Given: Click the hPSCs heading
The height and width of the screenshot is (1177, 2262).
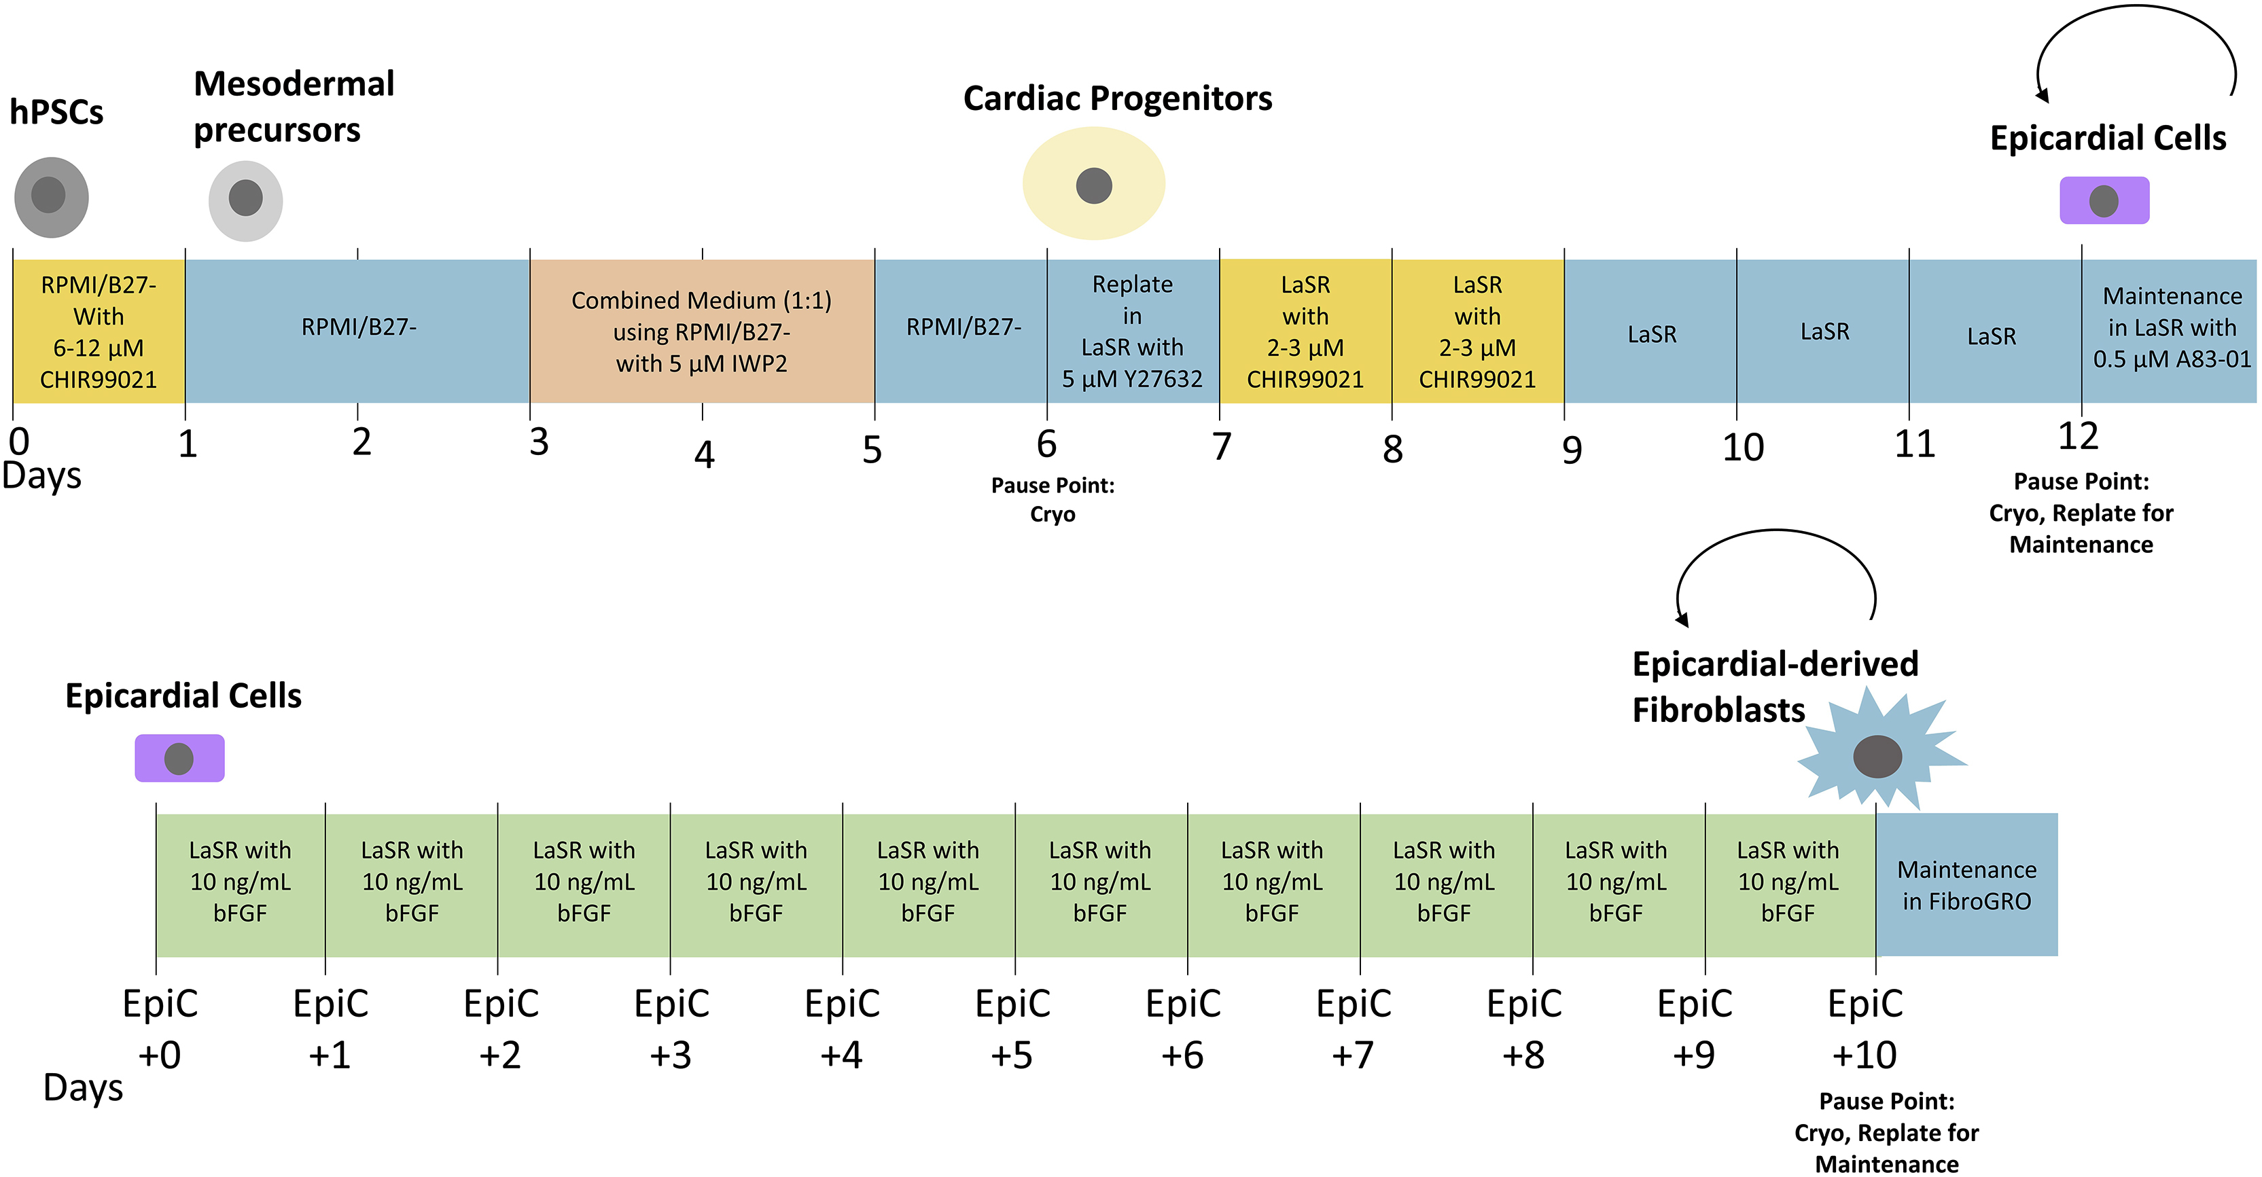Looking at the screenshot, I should pos(56,112).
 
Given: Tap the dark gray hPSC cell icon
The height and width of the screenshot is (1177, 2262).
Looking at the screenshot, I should pos(51,196).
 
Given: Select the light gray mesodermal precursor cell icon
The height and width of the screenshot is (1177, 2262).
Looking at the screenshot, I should pos(245,200).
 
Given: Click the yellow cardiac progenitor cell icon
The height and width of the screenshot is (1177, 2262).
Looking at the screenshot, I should pos(1093,183).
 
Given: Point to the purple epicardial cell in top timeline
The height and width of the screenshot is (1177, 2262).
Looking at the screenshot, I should pos(2104,200).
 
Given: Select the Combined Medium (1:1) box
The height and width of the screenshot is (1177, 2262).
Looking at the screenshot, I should pos(702,331).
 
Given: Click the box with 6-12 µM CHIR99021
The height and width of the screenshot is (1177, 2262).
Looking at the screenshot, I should pos(99,331).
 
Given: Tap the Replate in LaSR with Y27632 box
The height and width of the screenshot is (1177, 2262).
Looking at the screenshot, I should pos(1132,331).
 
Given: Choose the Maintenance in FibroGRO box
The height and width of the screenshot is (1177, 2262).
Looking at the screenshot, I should pos(1966,885).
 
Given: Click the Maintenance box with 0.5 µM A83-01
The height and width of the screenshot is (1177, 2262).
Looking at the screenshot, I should pos(2171,327).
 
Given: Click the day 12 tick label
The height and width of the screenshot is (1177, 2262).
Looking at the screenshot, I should pos(2078,436).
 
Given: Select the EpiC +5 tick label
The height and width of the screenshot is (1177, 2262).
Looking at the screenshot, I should pos(1012,1028).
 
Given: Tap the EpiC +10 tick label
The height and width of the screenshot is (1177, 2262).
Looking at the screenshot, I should pos(1865,1028).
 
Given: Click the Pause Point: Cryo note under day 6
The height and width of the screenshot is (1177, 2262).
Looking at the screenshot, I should pos(1052,499).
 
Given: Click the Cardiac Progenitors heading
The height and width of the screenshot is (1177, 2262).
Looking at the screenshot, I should pos(1117,98).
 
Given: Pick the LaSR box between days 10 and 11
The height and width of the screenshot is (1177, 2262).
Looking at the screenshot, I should pos(1824,331).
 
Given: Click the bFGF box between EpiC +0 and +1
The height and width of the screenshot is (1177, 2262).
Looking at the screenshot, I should pos(240,882).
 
